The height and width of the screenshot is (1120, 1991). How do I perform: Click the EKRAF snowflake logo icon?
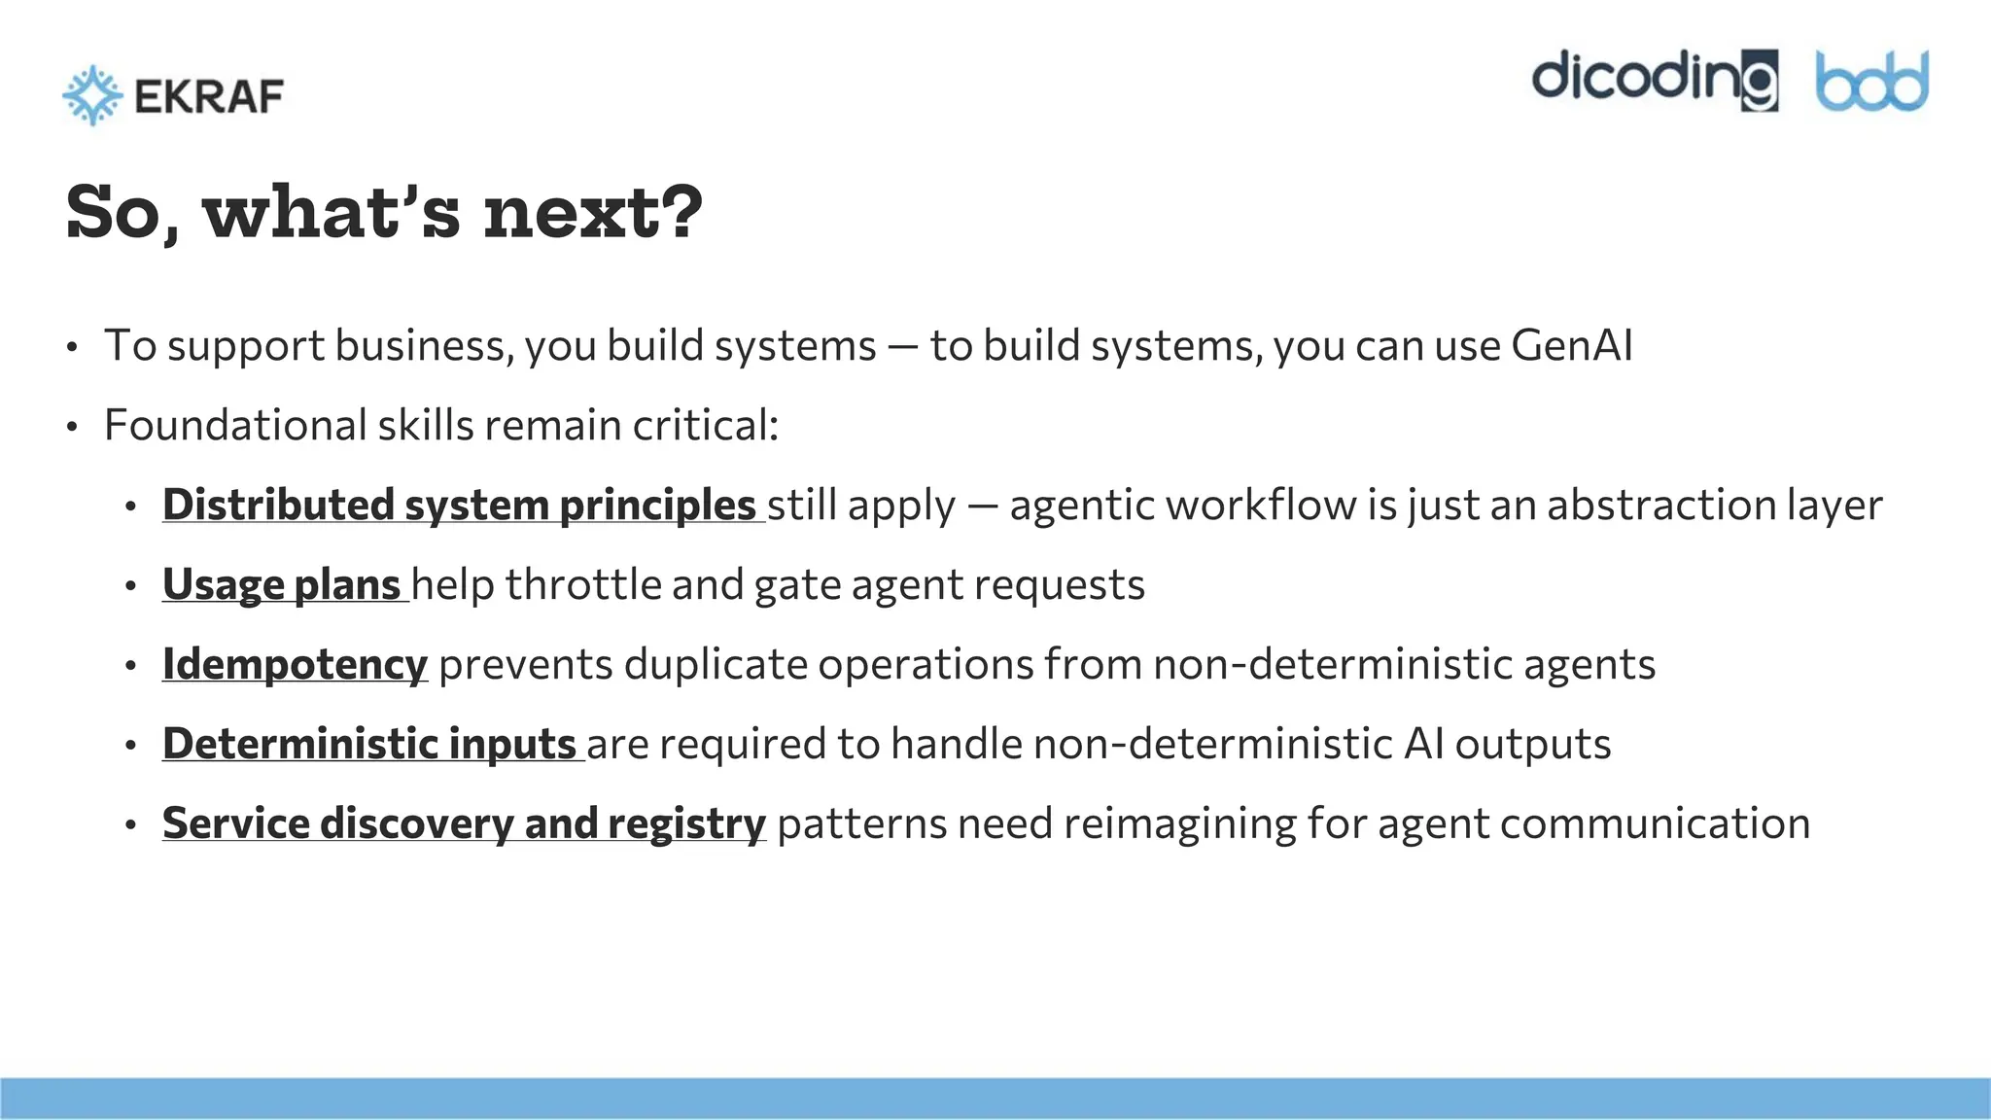click(x=92, y=95)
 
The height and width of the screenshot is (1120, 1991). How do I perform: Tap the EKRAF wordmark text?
click(x=209, y=96)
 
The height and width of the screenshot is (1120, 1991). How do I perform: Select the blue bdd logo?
click(x=1871, y=82)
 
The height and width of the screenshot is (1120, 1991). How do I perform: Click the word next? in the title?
click(x=593, y=213)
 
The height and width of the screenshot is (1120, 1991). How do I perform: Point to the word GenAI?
click(x=1572, y=346)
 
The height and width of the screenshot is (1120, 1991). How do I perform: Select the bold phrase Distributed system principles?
click(x=459, y=506)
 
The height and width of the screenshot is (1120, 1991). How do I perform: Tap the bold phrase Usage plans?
click(x=281, y=585)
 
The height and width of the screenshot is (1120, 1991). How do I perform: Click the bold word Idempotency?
click(x=295, y=665)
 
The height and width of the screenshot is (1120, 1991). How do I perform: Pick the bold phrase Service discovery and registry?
click(x=464, y=824)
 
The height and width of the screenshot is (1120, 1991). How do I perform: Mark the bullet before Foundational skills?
click(x=72, y=428)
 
